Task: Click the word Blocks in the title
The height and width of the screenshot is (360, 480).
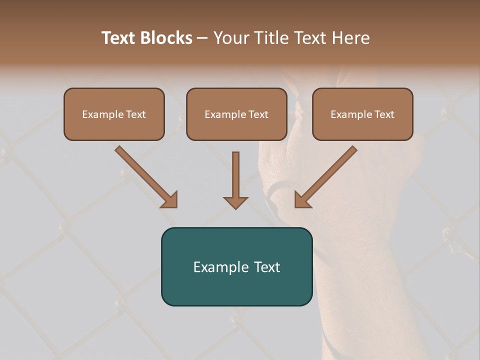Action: point(167,38)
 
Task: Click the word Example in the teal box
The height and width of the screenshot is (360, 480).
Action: point(217,267)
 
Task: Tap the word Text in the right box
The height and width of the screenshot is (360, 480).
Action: point(384,114)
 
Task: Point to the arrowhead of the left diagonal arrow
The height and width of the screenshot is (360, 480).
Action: point(170,200)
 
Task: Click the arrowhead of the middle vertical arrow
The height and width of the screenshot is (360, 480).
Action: point(235,202)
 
